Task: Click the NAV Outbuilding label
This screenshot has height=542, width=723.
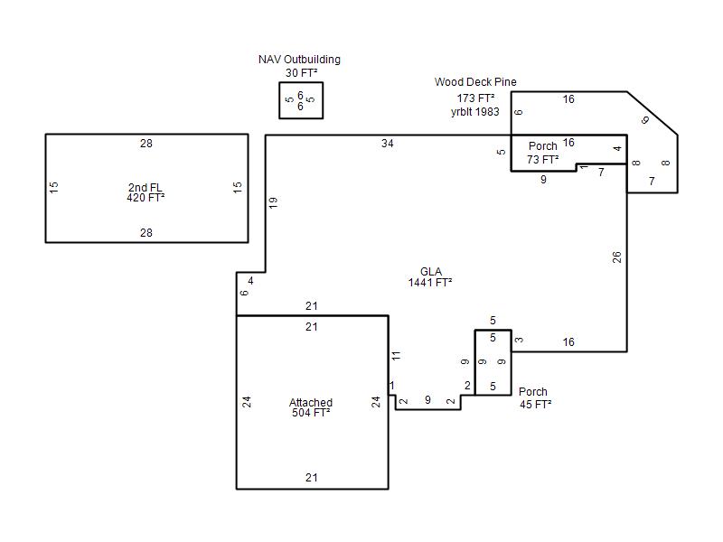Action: coord(299,60)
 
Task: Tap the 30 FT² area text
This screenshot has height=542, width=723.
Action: coord(302,73)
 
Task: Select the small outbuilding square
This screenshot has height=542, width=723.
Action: coord(301,100)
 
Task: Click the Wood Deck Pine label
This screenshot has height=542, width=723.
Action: coord(475,82)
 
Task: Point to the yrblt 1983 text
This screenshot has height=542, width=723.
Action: coord(475,112)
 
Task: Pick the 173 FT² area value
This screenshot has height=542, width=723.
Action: coord(476,98)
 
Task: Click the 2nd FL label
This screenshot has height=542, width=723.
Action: coord(146,188)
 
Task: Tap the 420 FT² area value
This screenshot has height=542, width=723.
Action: coord(146,198)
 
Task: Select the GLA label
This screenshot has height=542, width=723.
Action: coord(431,272)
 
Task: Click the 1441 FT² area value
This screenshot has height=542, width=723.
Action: coord(430,282)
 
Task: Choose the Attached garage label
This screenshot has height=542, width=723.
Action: coord(311,402)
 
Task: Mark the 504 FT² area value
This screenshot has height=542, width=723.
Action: coord(311,413)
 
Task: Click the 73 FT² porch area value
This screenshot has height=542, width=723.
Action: coord(543,160)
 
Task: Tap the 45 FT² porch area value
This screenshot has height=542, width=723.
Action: coord(535,404)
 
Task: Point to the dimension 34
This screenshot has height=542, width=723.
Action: coord(388,144)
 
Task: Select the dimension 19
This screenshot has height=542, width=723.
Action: coord(273,202)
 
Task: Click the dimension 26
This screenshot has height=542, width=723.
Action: coord(617,257)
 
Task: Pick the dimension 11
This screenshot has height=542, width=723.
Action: coord(397,356)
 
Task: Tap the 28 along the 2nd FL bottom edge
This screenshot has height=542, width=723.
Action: coord(146,233)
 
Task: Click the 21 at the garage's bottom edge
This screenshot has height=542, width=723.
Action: coord(311,478)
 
